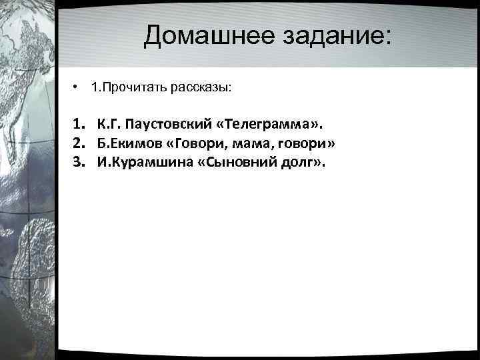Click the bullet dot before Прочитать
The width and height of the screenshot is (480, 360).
pos(77,87)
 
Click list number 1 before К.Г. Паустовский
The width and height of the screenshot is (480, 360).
pos(79,123)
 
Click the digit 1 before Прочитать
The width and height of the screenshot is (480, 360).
pos(95,87)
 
